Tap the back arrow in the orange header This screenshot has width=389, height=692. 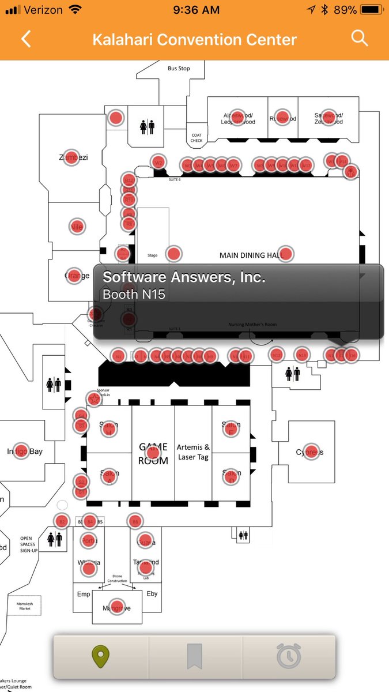[26, 39]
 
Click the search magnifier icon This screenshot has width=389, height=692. [360, 38]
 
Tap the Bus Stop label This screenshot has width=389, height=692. [179, 69]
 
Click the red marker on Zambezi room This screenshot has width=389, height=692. [71, 157]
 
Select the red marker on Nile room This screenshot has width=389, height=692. [77, 227]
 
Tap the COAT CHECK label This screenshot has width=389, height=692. [197, 137]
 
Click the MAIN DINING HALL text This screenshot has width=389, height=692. [249, 255]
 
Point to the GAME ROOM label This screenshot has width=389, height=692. [153, 453]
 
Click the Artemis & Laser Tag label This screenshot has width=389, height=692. [193, 452]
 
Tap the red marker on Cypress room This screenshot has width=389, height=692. [311, 452]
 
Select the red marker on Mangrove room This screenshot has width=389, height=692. [117, 608]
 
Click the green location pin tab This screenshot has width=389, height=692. [101, 656]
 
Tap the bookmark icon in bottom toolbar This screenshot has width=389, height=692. [195, 656]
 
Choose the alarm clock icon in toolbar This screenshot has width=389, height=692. [288, 656]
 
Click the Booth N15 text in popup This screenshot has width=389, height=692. [134, 294]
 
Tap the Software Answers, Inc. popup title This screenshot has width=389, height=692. [184, 277]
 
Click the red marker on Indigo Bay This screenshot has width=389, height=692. [21, 451]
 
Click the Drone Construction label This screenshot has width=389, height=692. [117, 578]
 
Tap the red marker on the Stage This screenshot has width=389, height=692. [173, 253]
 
